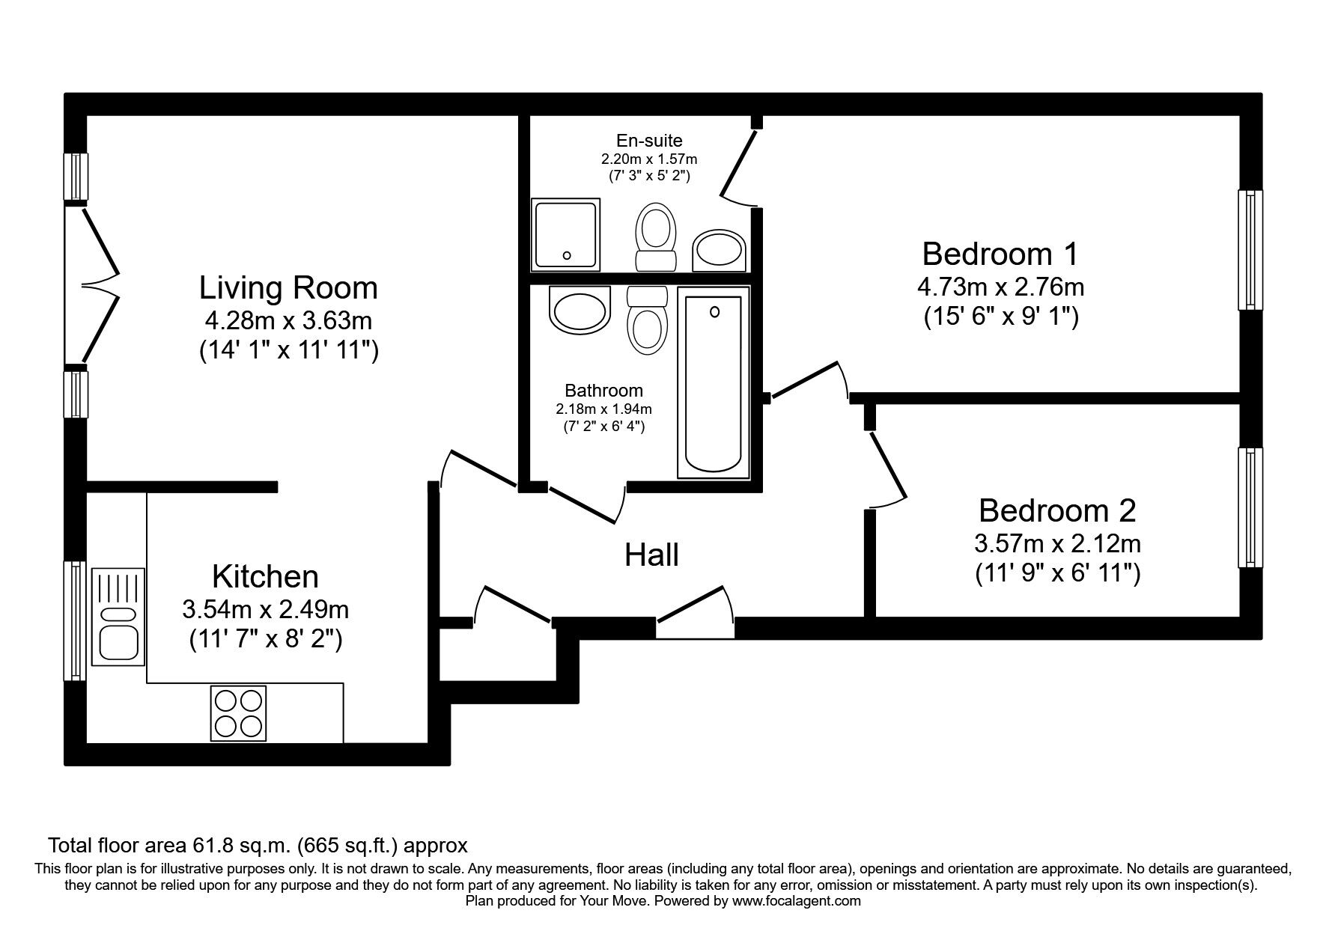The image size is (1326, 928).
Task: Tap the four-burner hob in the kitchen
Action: pos(239,713)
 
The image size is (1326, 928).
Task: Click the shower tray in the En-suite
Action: pos(566,234)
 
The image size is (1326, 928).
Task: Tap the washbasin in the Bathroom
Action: pos(579,311)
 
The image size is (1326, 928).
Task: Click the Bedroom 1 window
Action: pos(1250,250)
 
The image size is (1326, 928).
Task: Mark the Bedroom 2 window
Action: pos(1250,507)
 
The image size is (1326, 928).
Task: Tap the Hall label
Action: pos(651,555)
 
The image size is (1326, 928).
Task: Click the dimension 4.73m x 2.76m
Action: pos(1000,287)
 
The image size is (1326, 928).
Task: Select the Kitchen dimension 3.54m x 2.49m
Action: pos(266,609)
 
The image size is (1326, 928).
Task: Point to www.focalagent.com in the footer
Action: pos(797,901)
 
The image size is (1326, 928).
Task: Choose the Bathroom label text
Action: pos(603,390)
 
